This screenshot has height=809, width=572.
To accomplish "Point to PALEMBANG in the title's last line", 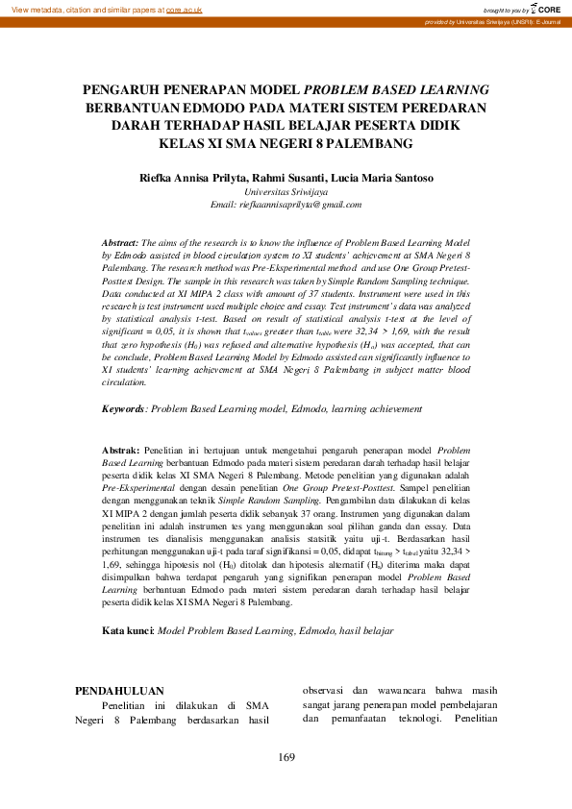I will click(369, 143).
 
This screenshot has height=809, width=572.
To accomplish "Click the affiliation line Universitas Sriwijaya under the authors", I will click(286, 192).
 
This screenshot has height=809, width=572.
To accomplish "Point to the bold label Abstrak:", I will click(120, 450).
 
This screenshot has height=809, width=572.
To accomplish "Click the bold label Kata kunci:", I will click(128, 630).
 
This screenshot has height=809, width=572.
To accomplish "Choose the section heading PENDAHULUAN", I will click(119, 690).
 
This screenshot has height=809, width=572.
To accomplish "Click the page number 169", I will click(286, 758).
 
